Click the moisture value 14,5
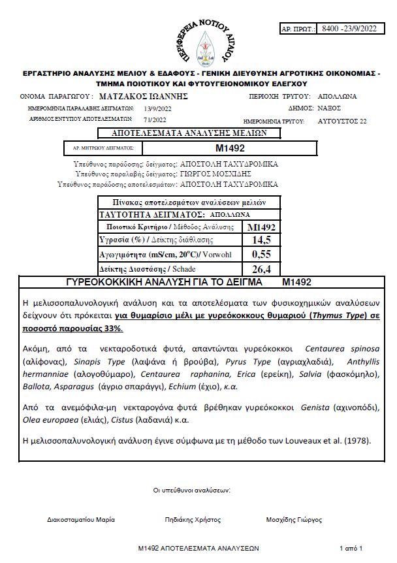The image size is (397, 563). pyautogui.click(x=261, y=240)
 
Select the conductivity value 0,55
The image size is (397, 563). pyautogui.click(x=261, y=254)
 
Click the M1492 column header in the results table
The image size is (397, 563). pyautogui.click(x=261, y=227)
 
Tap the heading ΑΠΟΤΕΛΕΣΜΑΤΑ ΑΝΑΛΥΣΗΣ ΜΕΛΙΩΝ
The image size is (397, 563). pyautogui.click(x=189, y=133)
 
